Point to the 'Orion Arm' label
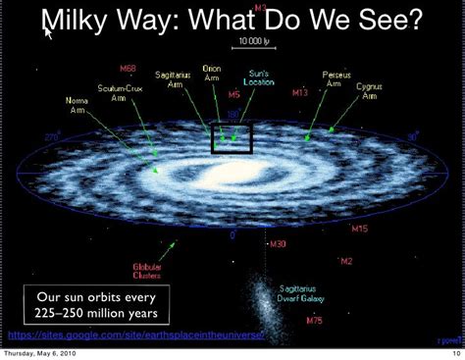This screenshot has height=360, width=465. tap(212, 75)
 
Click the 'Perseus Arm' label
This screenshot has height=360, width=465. tap(335, 78)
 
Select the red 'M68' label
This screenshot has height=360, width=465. tap(128, 70)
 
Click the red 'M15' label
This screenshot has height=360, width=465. tap(359, 229)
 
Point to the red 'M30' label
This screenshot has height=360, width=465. tap(278, 243)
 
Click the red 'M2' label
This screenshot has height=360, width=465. tap(345, 261)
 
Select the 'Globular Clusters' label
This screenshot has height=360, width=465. tap(148, 272)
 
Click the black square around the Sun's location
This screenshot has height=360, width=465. tap(232, 138)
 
